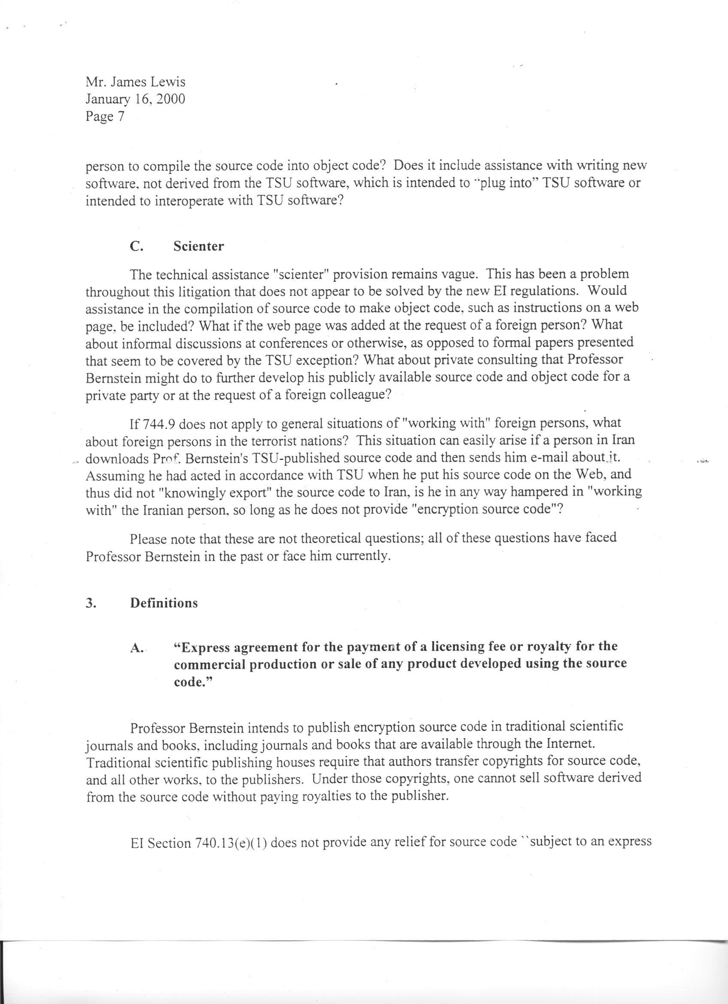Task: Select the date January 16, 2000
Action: (135, 99)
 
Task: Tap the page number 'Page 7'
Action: (105, 116)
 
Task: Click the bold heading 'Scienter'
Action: (199, 246)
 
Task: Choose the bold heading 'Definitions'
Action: (164, 603)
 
